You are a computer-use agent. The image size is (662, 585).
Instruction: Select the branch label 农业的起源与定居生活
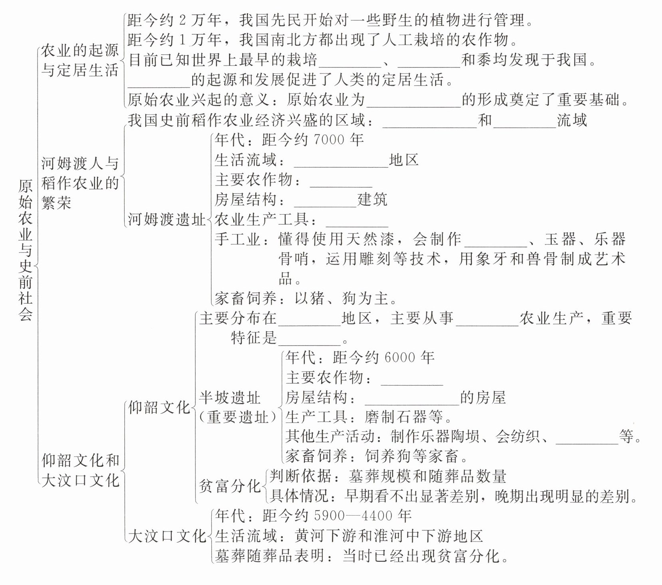tap(80, 60)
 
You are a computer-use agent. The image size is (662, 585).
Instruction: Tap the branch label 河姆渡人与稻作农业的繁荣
tap(80, 183)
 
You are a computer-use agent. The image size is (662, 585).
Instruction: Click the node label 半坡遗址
tap(229, 398)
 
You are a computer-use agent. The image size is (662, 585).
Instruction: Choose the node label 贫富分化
tap(229, 486)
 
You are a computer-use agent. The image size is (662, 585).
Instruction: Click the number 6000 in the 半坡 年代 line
tap(400, 358)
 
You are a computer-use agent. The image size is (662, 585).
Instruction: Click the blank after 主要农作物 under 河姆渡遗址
tap(341, 182)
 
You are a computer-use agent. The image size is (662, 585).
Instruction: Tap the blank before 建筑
tap(325, 202)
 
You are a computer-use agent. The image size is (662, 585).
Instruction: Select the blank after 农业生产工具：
tap(357, 222)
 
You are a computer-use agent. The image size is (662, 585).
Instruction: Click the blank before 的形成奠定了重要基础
tap(414, 102)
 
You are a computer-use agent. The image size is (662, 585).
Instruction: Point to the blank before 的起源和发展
tap(159, 82)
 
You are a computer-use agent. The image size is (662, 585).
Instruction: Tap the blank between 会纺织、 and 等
tap(587, 439)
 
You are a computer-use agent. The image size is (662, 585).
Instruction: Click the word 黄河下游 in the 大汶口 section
tap(326, 536)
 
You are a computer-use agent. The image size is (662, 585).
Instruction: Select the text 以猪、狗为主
tap(342, 298)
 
